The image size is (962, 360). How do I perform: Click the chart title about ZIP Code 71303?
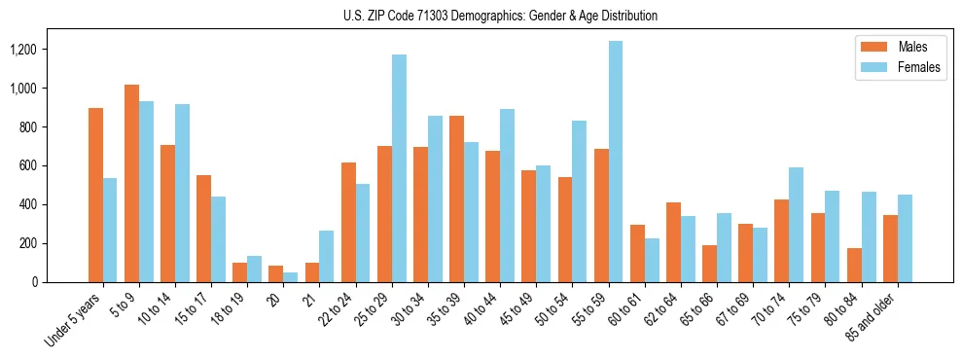[x=500, y=16]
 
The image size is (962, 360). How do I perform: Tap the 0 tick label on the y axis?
[x=34, y=282]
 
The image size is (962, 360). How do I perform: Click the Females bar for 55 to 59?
[x=616, y=162]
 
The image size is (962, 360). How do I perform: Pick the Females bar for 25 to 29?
[x=399, y=168]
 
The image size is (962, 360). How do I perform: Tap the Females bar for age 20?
[x=291, y=277]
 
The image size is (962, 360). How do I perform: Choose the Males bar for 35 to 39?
[x=456, y=198]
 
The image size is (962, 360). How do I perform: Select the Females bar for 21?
[x=327, y=256]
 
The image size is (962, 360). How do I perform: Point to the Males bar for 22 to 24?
[x=348, y=222]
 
